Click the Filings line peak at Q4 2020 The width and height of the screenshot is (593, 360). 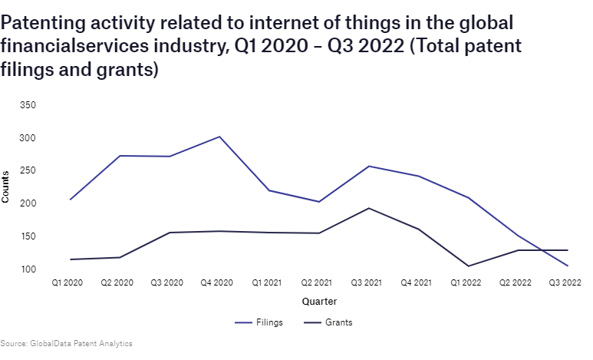click(x=220, y=137)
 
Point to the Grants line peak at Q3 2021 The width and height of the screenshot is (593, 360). click(x=369, y=208)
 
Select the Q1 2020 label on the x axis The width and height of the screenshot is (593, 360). click(x=68, y=283)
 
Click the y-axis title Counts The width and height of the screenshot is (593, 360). click(x=6, y=187)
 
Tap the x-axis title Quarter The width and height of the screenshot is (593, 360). click(x=318, y=302)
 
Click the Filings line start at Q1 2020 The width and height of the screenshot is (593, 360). click(x=70, y=200)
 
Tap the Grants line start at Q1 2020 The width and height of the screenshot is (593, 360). click(x=70, y=259)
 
